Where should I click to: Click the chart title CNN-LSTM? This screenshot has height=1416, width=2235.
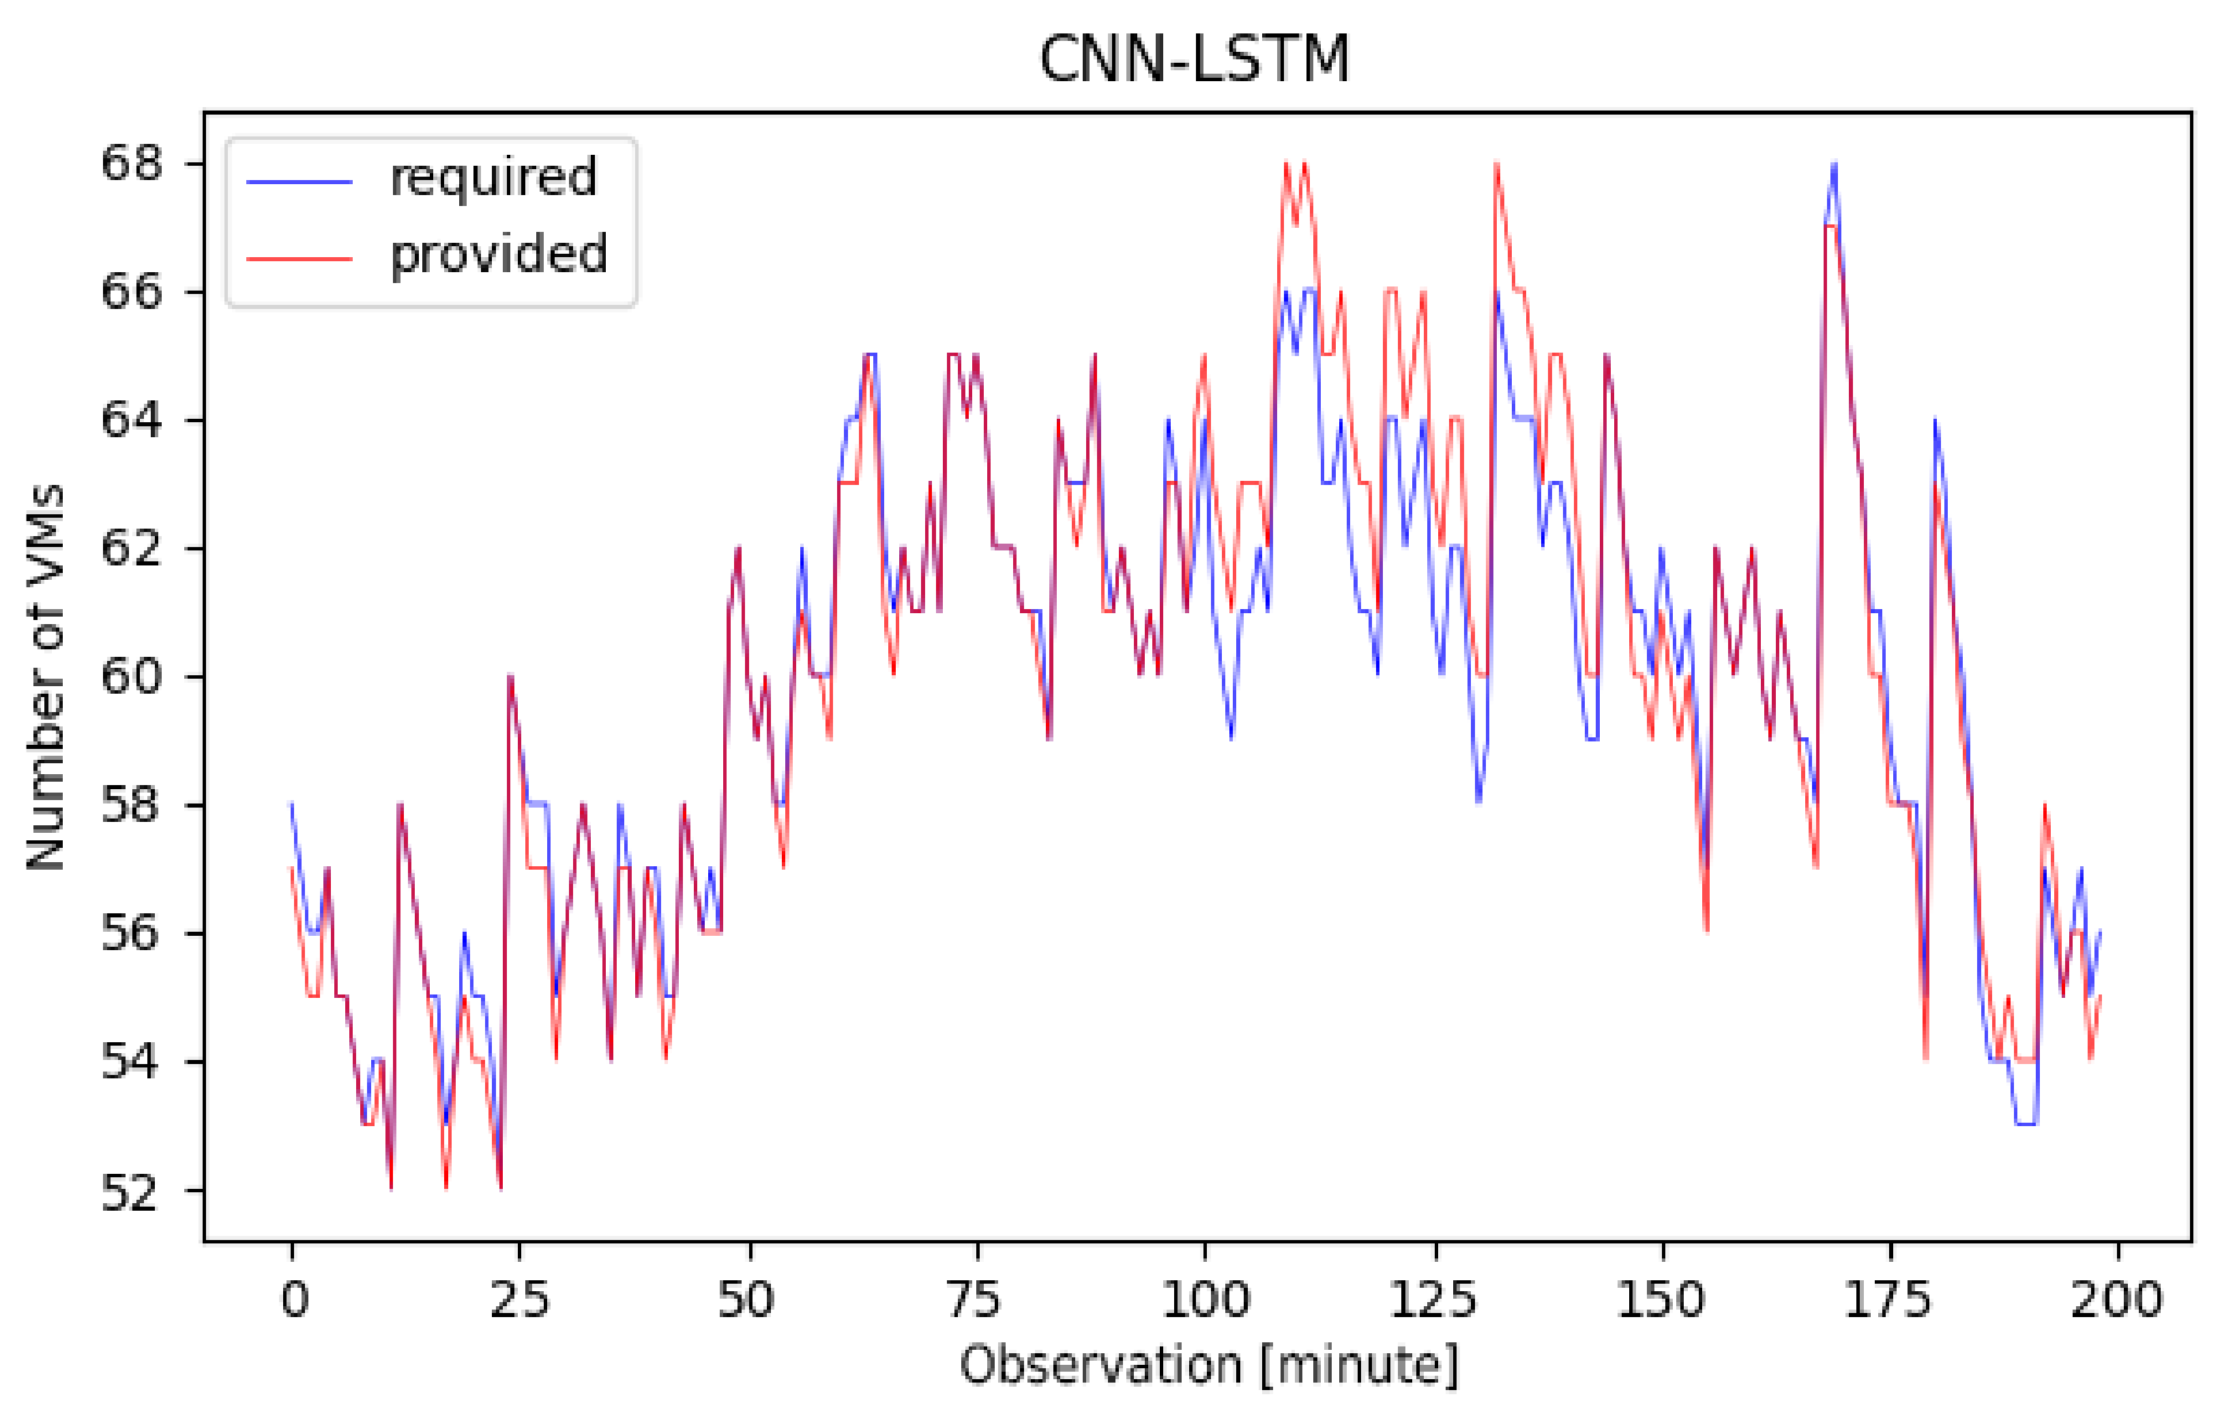point(1194,59)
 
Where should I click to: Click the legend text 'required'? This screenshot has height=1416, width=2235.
point(493,177)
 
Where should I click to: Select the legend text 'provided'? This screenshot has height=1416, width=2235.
point(499,254)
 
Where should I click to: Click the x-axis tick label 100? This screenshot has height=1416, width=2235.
point(1205,1299)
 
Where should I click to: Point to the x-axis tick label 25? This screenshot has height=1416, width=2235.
point(518,1299)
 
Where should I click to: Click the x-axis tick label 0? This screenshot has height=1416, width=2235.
point(293,1299)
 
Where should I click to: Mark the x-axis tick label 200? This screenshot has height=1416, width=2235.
point(2116,1299)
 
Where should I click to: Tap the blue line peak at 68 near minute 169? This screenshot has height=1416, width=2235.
point(1834,165)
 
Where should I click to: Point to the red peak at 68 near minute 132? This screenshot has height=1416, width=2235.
point(1496,165)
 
